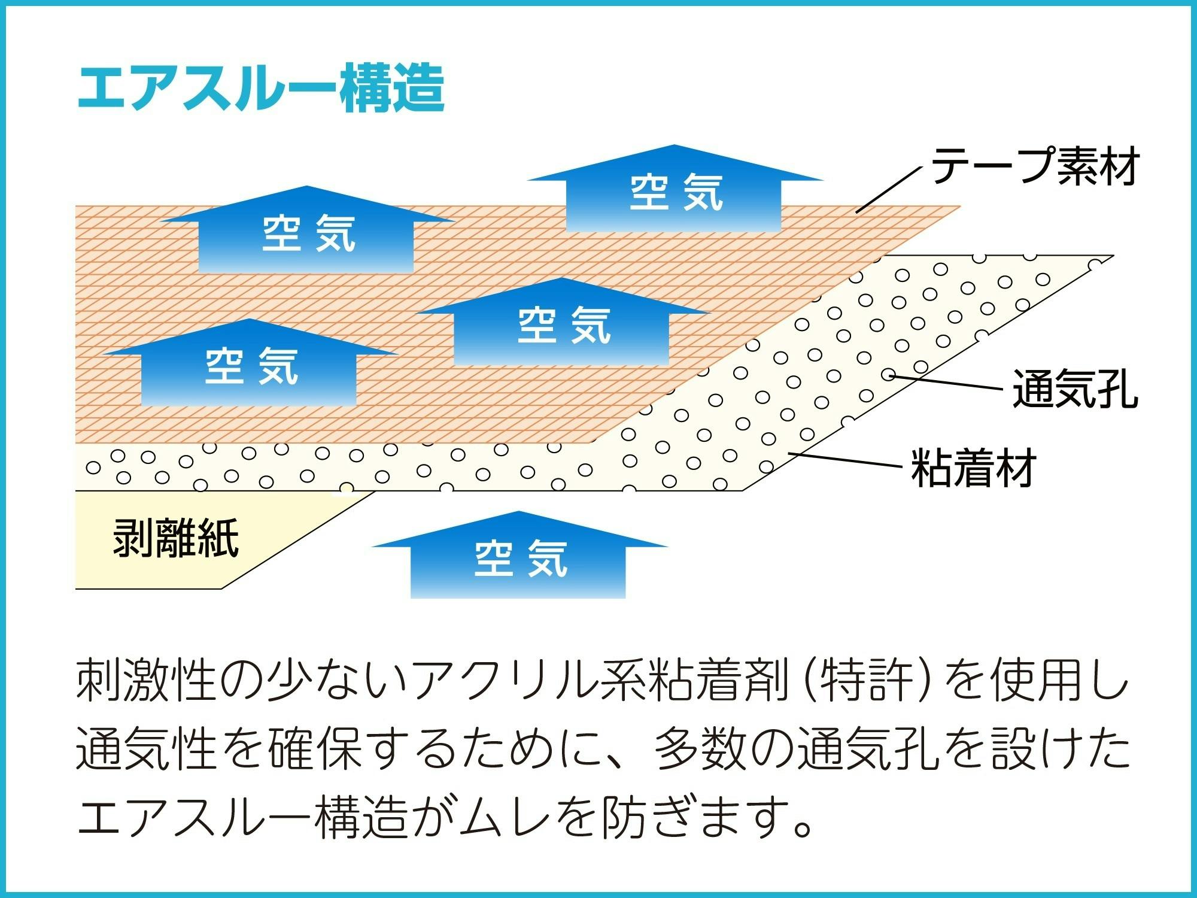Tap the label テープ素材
point(1035,166)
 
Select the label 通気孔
point(1075,390)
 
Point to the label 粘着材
point(973,468)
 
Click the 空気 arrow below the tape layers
point(519,557)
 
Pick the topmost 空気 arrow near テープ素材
point(675,192)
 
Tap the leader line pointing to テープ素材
point(888,190)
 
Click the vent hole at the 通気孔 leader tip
point(889,375)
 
